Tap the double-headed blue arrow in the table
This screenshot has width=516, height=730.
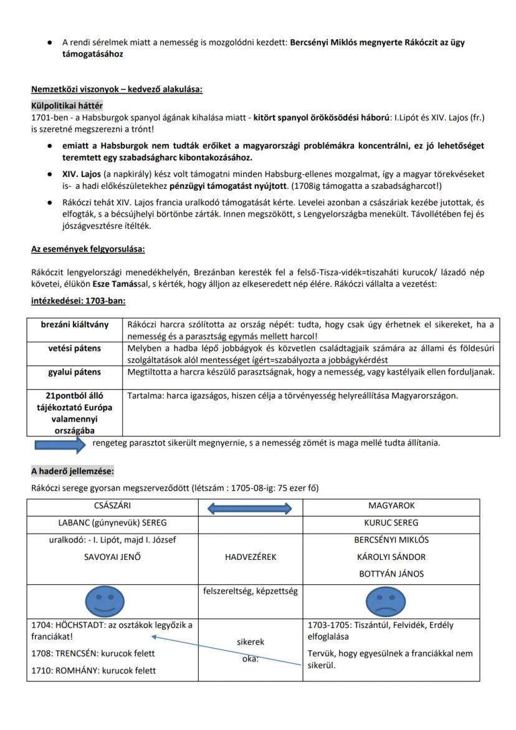249,508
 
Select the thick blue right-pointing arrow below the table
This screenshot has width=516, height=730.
60,444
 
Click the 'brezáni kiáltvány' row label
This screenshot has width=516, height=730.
74,324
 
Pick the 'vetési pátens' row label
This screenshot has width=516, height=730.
74,348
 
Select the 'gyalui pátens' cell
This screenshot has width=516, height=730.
74,372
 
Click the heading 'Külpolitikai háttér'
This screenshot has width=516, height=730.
67,106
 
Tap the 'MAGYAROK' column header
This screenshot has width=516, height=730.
391,506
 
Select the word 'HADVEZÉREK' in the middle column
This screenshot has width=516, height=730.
250,557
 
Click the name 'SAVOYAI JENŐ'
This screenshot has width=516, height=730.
112,557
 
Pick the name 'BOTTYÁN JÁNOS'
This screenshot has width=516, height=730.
391,574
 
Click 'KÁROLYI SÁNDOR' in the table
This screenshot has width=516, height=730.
391,557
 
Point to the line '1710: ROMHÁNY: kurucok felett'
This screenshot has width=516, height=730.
93,671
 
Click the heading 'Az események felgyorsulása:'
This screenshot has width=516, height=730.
88,249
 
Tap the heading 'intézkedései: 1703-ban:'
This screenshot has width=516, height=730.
79,300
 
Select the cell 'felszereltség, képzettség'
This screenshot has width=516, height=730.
250,591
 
